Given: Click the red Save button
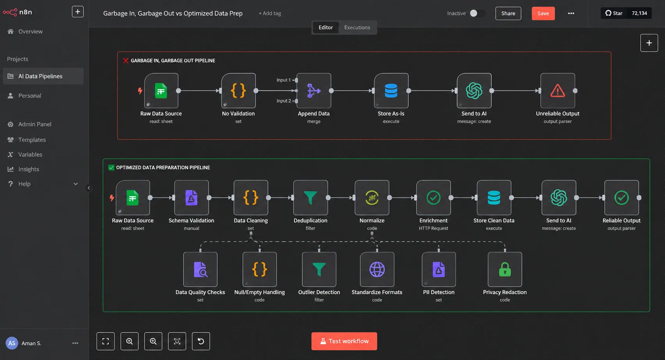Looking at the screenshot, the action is point(543,13).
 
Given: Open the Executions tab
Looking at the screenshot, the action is point(357,27).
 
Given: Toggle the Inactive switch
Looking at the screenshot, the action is point(477,13).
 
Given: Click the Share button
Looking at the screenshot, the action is point(508,13).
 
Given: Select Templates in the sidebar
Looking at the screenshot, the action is point(32,140).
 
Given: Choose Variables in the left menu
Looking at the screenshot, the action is point(30,154).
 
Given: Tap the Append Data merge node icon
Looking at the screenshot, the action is point(314,90).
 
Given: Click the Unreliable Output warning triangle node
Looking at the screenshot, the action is point(557,90).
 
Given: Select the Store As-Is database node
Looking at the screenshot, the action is point(391,90).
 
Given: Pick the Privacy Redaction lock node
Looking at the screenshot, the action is point(505,270).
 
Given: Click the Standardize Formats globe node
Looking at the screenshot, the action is point(377,270).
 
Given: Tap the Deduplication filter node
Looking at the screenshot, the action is point(310,198).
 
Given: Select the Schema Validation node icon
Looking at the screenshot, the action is point(192,198).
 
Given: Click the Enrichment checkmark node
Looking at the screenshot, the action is point(433,198).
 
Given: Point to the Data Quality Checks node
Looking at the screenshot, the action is point(200,270).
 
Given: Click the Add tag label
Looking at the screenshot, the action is point(270,13).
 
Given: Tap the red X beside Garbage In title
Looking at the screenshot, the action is point(126,60).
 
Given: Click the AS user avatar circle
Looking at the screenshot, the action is point(12,343).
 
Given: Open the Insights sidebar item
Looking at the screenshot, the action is point(28,169).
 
